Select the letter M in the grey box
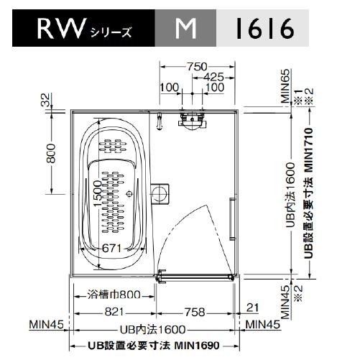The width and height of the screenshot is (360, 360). point(186,30)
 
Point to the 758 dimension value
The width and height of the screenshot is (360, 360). point(194,312)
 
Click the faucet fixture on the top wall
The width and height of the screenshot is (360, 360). point(190,119)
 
